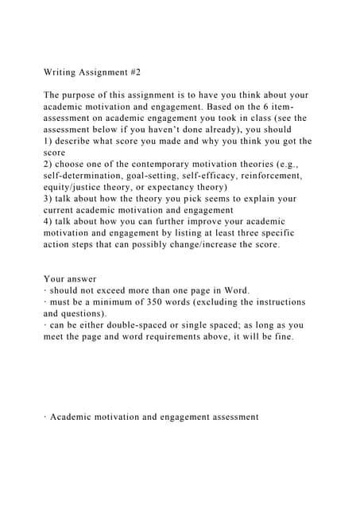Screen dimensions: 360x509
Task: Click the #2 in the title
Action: [x=134, y=72]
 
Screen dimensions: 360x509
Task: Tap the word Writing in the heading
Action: [x=63, y=72]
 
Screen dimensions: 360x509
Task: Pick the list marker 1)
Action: [x=48, y=142]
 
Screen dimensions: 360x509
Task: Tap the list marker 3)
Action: [x=48, y=199]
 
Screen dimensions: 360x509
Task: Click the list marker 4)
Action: [x=48, y=222]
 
